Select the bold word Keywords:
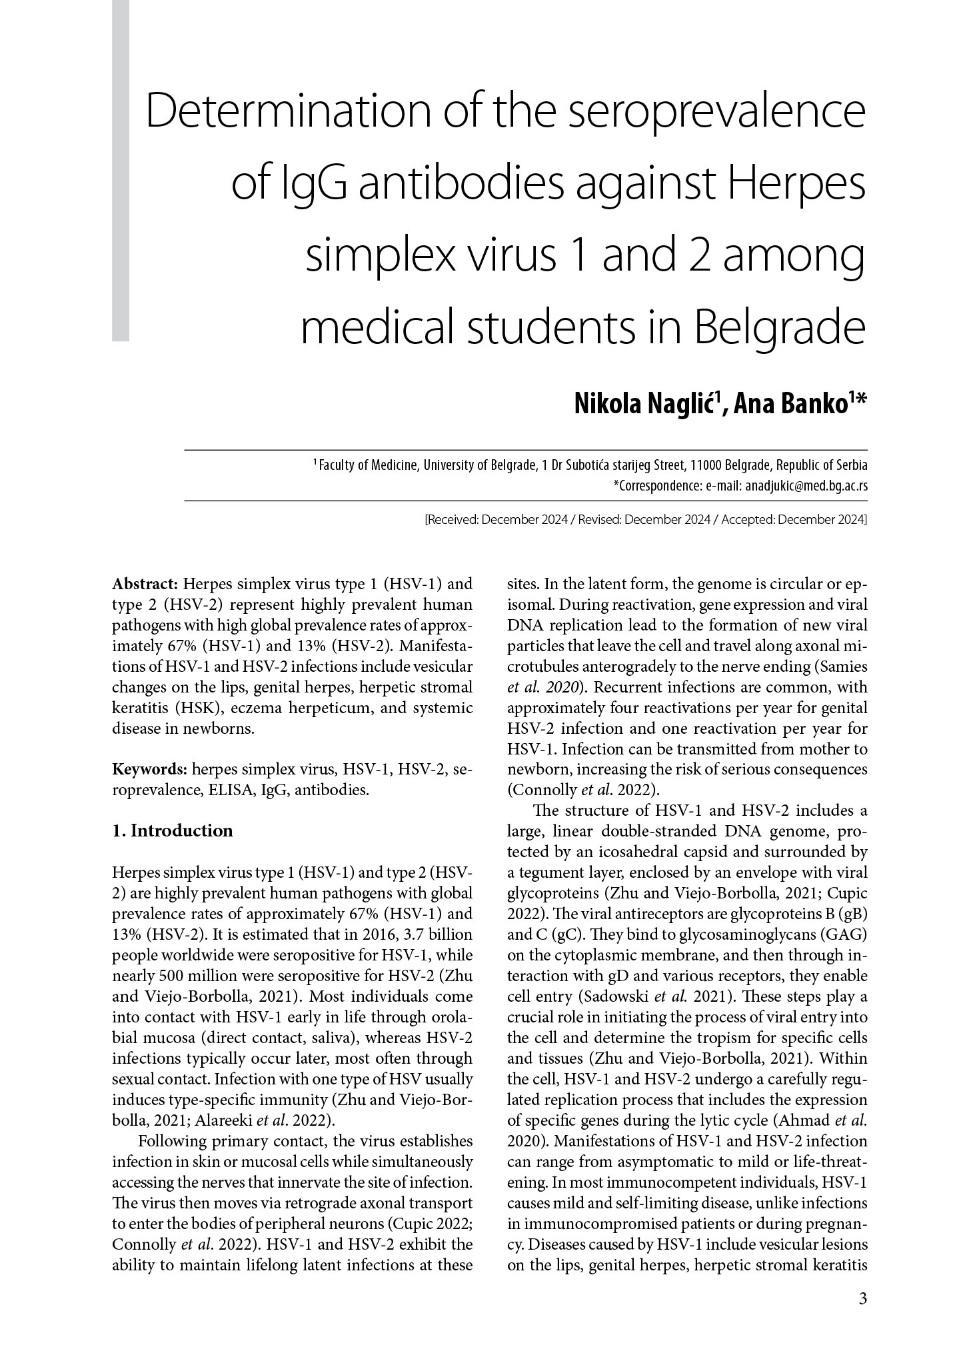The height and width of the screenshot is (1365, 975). click(149, 770)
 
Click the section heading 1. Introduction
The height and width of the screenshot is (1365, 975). click(173, 830)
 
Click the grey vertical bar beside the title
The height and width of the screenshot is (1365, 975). click(121, 171)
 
